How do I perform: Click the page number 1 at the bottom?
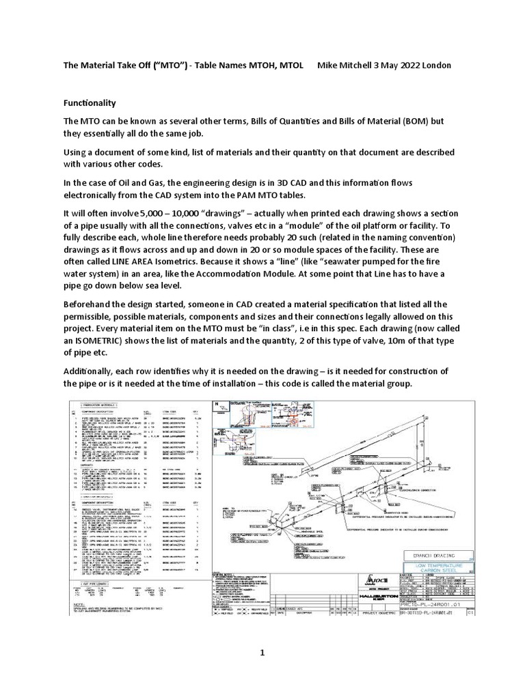(261, 654)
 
